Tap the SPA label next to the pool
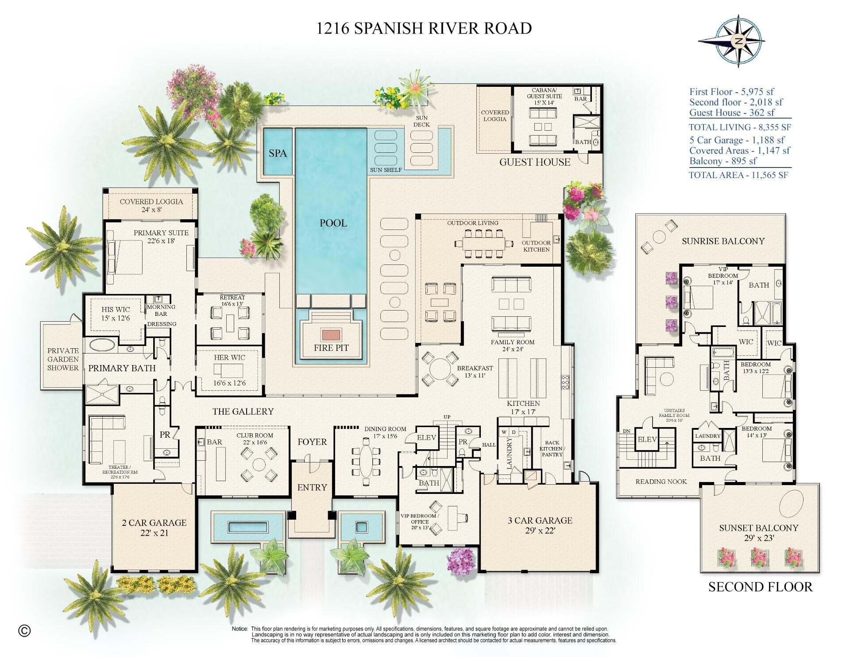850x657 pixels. pos(278,153)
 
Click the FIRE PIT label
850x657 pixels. pos(331,348)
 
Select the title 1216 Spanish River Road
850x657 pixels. pos(424,28)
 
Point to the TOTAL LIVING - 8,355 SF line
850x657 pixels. pos(740,128)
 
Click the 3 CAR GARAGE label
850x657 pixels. pos(540,520)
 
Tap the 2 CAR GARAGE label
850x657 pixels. pos(154,523)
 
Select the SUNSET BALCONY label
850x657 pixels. pos(758,528)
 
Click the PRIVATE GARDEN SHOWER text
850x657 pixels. pos(63,359)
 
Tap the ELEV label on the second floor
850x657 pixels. pos(647,439)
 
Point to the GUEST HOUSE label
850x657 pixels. pos(535,162)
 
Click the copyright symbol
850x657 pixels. pos(25,630)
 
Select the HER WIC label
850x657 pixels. pos(229,358)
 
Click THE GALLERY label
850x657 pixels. pos(243,412)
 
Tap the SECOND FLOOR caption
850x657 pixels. pos(760,587)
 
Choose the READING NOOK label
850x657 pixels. pos(661,482)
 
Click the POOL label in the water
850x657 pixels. pos(333,223)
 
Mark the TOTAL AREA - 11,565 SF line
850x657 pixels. pos(738,175)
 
